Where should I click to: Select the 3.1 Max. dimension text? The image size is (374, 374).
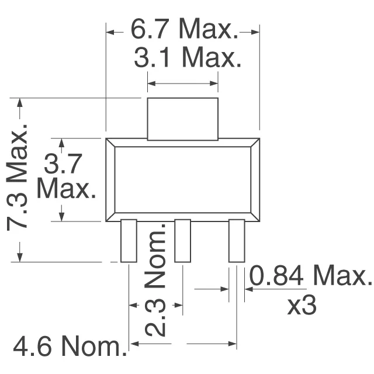point(187,58)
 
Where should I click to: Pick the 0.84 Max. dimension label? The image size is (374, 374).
point(310,275)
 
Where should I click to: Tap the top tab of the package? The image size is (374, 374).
point(182,119)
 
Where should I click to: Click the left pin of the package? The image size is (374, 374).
point(128,241)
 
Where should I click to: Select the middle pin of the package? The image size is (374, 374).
point(182,241)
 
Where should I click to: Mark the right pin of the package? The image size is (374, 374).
point(236,241)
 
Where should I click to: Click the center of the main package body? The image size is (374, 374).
point(182,180)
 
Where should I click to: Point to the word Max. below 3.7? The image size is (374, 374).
point(66,189)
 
